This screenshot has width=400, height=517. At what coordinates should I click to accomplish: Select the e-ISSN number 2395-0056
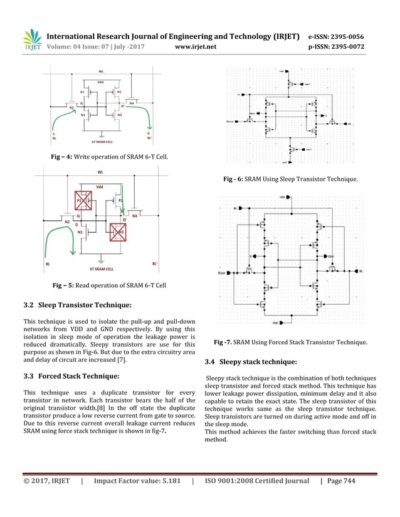click(349, 36)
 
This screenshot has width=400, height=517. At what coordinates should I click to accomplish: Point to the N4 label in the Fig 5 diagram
click(135, 216)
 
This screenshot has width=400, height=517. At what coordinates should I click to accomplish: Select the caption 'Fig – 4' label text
click(61, 155)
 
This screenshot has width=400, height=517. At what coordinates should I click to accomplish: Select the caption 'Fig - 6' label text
click(233, 180)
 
